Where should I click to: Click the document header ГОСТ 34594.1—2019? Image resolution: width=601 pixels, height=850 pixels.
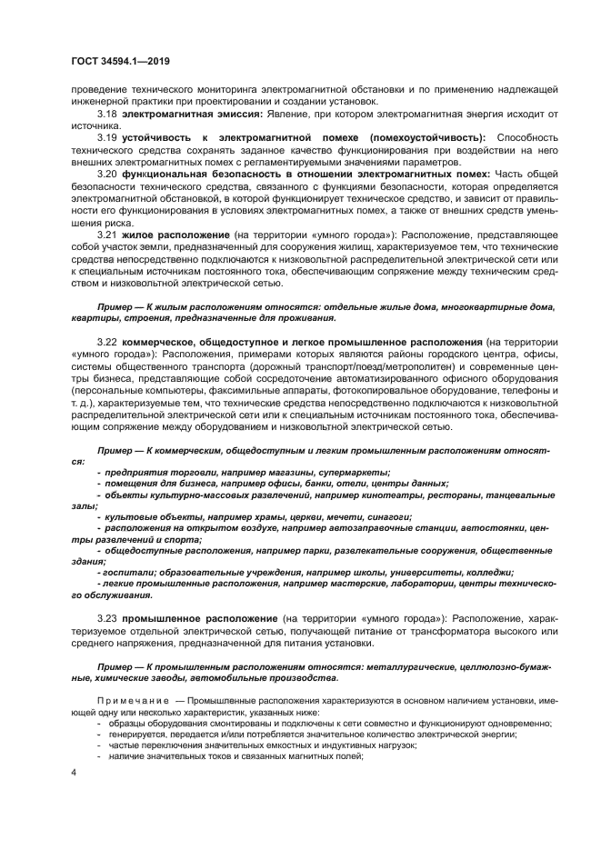[120, 62]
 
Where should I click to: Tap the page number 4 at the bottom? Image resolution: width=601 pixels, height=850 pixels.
[73, 771]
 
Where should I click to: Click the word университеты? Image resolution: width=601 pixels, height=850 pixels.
[424, 572]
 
